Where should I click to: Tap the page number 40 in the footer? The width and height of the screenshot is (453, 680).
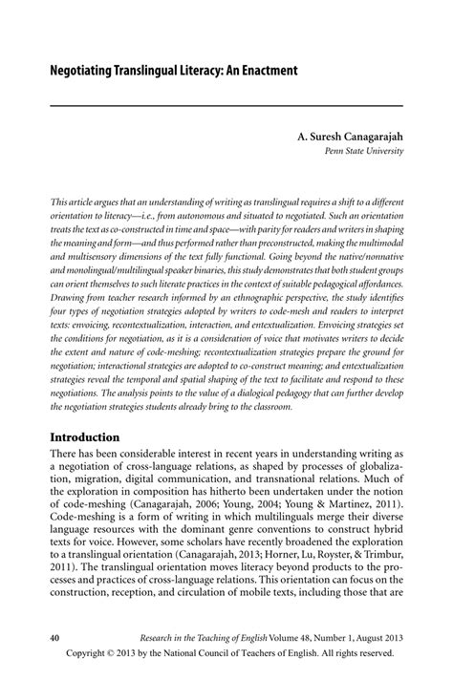coord(55,635)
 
